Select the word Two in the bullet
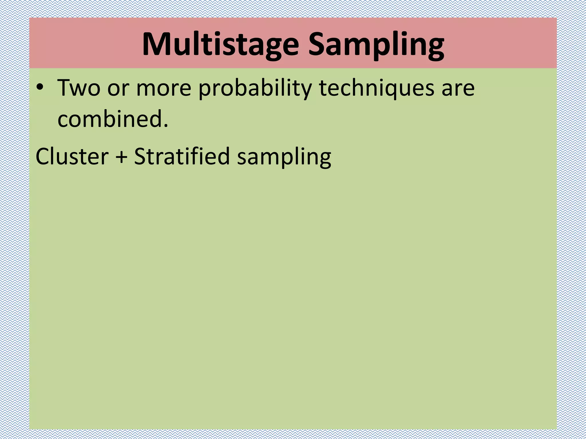pyautogui.click(x=79, y=88)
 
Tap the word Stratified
pyautogui.click(x=182, y=156)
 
